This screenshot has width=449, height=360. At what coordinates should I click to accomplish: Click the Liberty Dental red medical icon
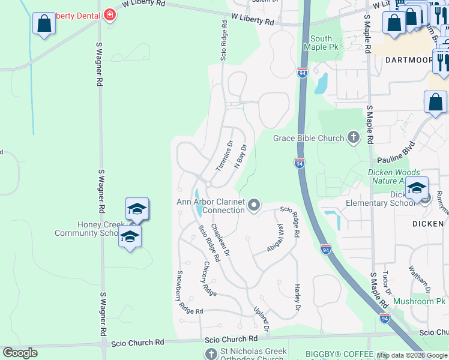(109, 14)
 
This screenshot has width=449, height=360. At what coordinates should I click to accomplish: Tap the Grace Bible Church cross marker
(353, 138)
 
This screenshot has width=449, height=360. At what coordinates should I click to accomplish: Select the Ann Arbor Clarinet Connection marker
(254, 206)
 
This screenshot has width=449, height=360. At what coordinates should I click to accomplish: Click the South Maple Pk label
(318, 43)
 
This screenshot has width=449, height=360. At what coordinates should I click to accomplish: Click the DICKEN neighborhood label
(428, 223)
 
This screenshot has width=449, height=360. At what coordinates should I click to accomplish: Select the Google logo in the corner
(20, 353)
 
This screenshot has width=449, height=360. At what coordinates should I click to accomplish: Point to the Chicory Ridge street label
(209, 278)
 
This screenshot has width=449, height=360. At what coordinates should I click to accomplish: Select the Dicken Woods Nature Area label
(401, 176)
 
